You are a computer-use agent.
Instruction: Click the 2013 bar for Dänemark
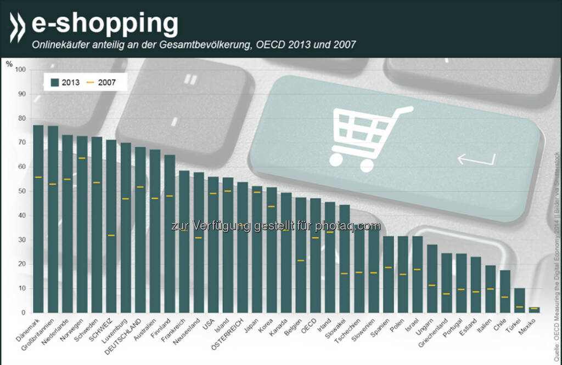(38, 219)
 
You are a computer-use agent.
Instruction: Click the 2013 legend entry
(65, 82)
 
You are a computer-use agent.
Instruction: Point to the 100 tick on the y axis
(21, 70)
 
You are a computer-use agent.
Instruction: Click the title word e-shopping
(105, 24)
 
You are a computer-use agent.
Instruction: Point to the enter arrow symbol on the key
(476, 159)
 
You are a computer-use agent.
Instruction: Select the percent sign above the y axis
(9, 63)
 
